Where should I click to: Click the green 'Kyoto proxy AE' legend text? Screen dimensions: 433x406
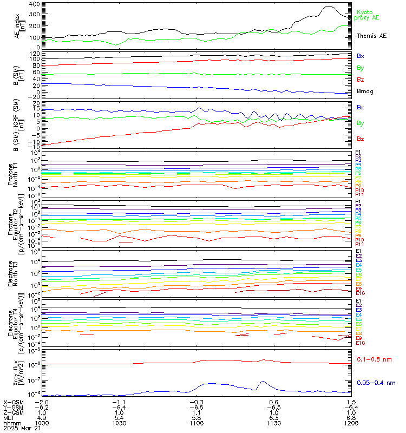click(x=367, y=15)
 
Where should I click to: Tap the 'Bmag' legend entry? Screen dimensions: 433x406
click(x=365, y=91)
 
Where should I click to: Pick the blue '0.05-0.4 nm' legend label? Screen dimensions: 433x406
click(x=376, y=383)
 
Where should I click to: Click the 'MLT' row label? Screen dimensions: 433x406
click(x=9, y=417)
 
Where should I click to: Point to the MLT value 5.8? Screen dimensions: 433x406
click(x=197, y=417)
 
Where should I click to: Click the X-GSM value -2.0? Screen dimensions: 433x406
click(x=42, y=402)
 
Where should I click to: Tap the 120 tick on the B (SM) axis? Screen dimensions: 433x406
click(x=34, y=54)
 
